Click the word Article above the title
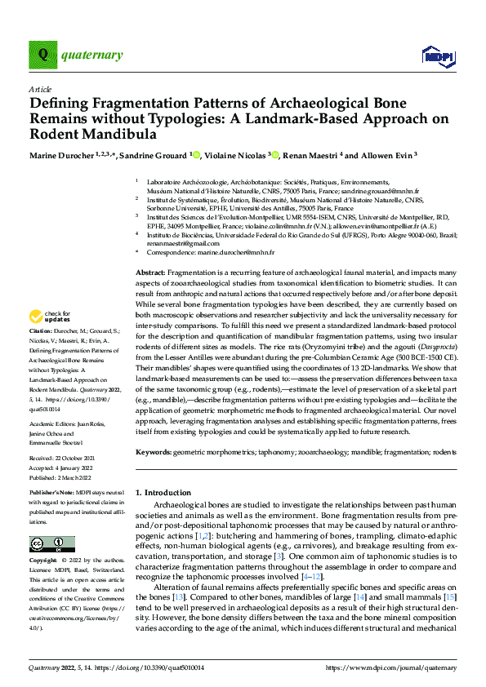pyautogui.click(x=40, y=89)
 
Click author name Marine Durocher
pyautogui.click(x=59, y=154)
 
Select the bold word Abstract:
pyautogui.click(x=150, y=272)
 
